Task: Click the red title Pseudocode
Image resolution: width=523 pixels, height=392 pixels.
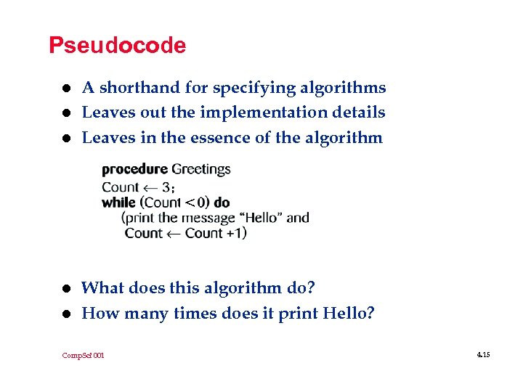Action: click(x=117, y=46)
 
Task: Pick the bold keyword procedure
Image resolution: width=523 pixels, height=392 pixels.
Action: click(x=134, y=170)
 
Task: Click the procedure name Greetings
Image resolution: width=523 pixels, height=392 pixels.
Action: click(x=201, y=170)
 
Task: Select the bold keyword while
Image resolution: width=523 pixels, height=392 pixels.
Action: click(x=118, y=202)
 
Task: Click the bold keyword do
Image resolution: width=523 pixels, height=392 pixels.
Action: click(x=222, y=202)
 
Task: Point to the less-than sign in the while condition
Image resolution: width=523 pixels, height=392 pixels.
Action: click(x=190, y=203)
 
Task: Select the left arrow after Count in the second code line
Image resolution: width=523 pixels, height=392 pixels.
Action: click(x=152, y=187)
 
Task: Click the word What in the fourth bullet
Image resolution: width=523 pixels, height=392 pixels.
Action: click(x=102, y=288)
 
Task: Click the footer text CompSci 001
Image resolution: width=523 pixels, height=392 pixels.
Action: click(x=83, y=355)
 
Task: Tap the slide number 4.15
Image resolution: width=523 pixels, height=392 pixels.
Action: click(x=484, y=354)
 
